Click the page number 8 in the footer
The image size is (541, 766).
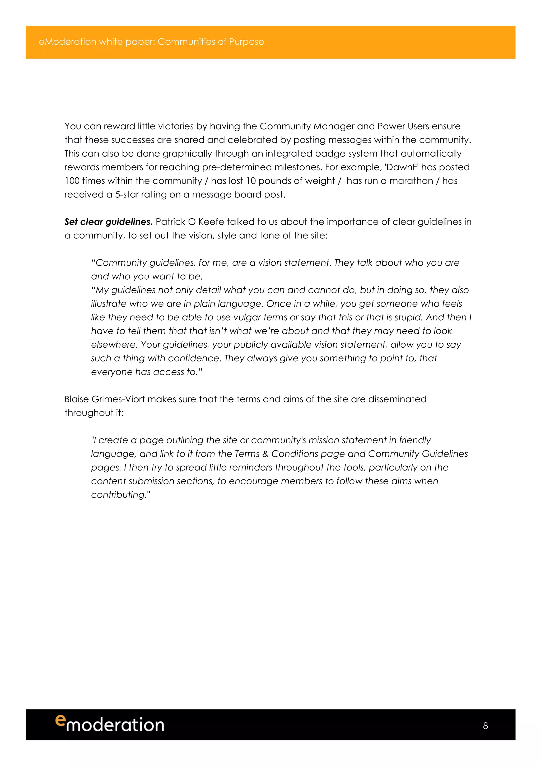(x=485, y=726)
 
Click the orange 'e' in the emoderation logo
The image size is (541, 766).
(x=60, y=720)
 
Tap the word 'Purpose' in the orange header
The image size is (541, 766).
(x=246, y=42)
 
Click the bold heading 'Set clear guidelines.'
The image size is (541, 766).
(x=108, y=222)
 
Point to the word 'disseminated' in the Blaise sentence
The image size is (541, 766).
(x=397, y=399)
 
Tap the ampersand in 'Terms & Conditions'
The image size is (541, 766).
(x=265, y=454)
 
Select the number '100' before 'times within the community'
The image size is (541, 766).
(x=72, y=181)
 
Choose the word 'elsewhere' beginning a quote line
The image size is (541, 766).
(x=114, y=345)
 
